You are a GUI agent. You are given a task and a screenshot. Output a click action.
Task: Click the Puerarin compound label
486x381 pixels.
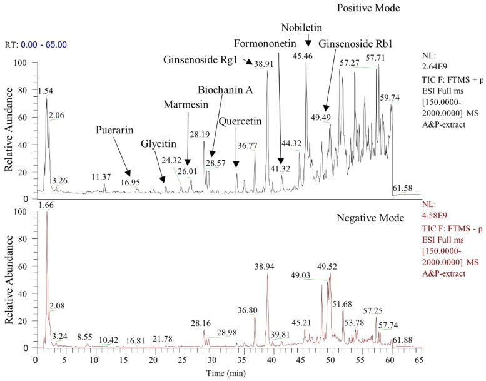(114, 130)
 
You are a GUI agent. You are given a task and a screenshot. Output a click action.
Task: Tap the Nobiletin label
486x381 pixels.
(301, 28)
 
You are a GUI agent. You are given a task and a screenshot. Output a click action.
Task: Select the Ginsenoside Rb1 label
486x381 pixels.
(355, 44)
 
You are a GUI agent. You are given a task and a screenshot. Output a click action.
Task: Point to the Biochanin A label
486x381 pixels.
(225, 90)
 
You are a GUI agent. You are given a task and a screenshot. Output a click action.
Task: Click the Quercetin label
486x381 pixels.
(240, 121)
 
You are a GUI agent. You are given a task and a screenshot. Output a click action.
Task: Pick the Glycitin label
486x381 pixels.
(158, 143)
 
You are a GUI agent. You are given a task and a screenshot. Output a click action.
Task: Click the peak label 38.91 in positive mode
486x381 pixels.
(264, 64)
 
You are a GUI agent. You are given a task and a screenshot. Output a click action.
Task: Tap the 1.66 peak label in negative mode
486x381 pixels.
(46, 205)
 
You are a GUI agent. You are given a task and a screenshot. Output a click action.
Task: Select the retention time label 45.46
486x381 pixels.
(303, 56)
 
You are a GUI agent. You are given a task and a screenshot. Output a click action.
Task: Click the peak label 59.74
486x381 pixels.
(390, 98)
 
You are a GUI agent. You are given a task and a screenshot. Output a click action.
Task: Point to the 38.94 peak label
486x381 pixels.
(265, 267)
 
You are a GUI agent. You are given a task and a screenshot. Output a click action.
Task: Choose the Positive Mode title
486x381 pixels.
(368, 8)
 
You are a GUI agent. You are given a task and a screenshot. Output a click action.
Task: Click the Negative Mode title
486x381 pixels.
(370, 218)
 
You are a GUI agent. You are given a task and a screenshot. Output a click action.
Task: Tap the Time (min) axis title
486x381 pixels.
(226, 373)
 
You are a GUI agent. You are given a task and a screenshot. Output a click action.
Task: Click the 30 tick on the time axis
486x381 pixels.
(212, 360)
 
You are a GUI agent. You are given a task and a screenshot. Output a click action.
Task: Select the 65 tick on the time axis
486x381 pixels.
(419, 360)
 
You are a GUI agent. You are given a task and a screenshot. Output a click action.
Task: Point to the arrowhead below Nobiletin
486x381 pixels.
(308, 44)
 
